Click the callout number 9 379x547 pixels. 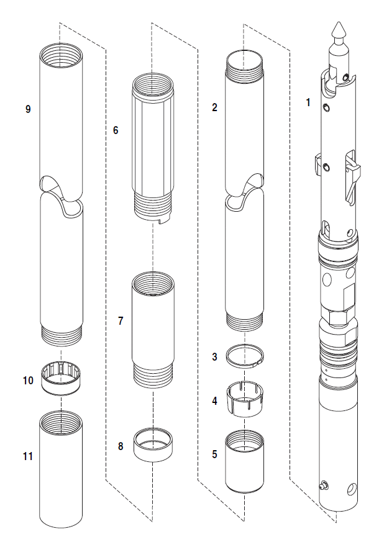tap(28, 109)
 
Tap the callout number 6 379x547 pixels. tap(116, 130)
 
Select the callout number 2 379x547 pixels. tap(214, 107)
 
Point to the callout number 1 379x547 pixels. tap(308, 102)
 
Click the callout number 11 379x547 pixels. tap(28, 456)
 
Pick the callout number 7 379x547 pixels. tap(121, 320)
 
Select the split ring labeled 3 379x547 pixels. tap(245, 356)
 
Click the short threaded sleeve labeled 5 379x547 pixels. tap(245, 461)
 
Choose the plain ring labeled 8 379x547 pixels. tap(153, 445)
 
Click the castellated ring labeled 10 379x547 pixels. tap(61, 379)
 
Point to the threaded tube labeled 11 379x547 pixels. tap(61, 469)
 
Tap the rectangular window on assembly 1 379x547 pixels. tap(349, 297)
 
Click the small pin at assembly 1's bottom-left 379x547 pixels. tap(323, 484)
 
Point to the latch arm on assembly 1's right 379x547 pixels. tap(352, 176)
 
